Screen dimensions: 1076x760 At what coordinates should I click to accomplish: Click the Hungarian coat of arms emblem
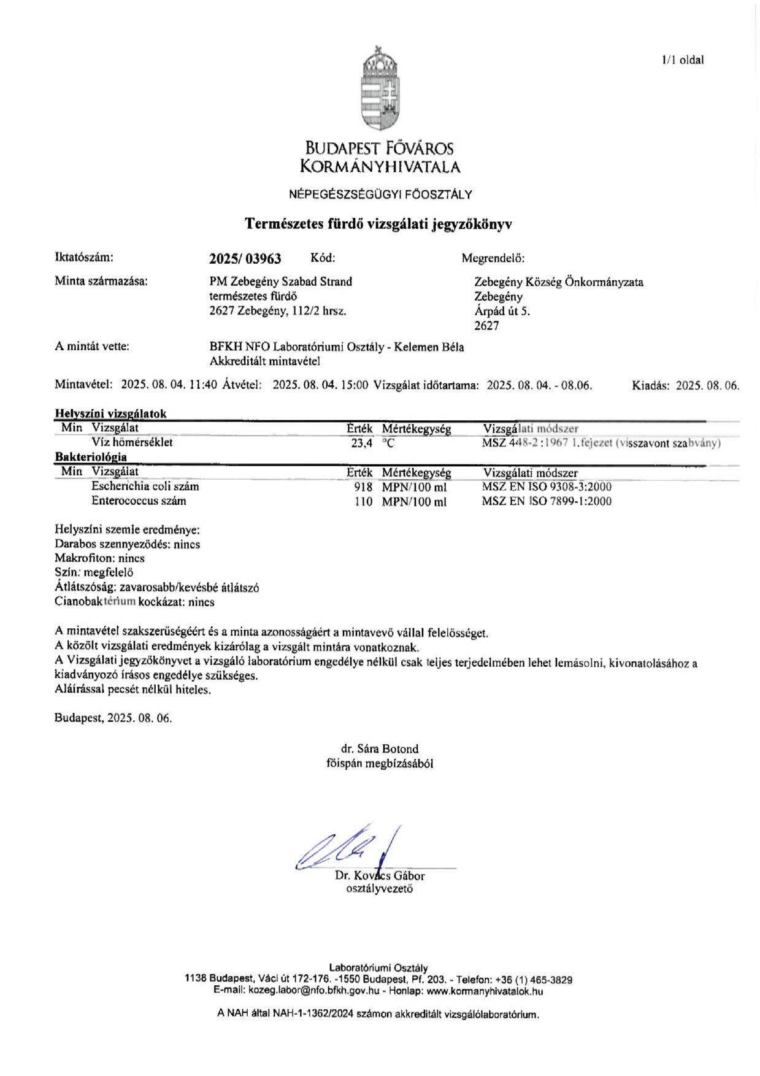[x=380, y=90]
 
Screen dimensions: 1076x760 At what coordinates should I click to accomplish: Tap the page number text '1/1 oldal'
[x=683, y=60]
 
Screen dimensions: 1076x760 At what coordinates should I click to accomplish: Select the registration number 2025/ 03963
[x=245, y=259]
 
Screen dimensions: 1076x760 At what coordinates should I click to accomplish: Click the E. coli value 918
[x=363, y=487]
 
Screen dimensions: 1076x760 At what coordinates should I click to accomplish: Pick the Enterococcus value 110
[x=363, y=502]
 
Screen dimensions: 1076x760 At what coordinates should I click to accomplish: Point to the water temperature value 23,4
[x=361, y=443]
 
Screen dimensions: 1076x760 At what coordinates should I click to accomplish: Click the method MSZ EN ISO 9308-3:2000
[x=546, y=487]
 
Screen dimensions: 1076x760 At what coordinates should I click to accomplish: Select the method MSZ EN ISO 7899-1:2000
[x=546, y=502]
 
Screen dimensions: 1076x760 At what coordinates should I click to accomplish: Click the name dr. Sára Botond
[x=380, y=749]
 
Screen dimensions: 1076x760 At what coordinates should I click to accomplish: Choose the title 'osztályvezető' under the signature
[x=380, y=888]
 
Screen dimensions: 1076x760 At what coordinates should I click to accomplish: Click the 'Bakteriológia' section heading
[x=91, y=457]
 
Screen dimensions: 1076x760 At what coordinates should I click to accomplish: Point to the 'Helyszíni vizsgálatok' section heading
[x=110, y=414]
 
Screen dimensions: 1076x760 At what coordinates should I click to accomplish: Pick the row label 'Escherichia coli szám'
[x=145, y=486]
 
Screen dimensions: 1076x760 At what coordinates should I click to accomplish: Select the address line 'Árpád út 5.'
[x=502, y=311]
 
